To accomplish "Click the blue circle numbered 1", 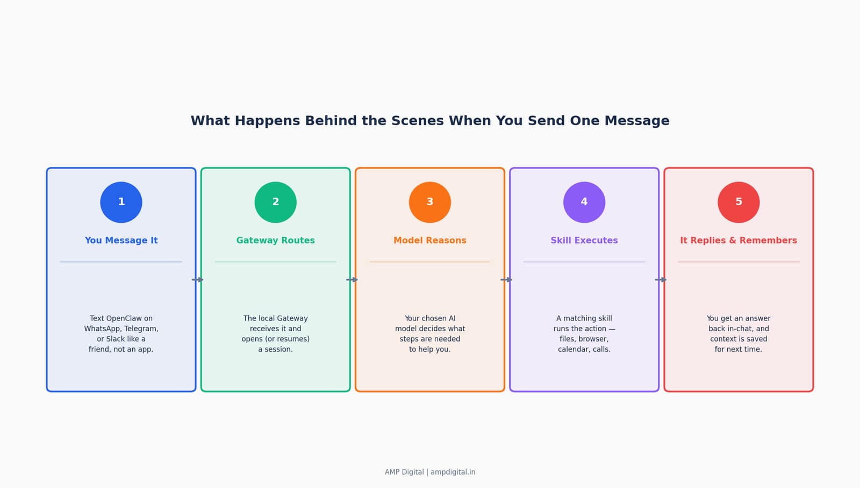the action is point(121,202).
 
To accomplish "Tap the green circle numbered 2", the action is point(276,202).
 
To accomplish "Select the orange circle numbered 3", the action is point(430,202).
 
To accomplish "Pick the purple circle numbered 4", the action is point(584,202).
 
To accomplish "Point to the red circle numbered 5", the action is point(739,202).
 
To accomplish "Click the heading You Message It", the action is point(121,241).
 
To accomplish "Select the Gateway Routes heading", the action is point(276,241).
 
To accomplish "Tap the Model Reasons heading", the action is point(430,241).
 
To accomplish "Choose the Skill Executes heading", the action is point(584,241).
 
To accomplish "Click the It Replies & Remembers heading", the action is point(739,241).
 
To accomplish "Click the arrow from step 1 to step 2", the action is point(198,280).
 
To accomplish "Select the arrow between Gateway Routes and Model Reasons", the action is point(352,280).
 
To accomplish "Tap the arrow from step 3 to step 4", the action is point(506,280).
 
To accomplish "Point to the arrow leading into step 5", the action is point(661,280).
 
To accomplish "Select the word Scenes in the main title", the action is point(417,121).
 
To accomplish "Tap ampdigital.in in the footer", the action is point(453,472).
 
